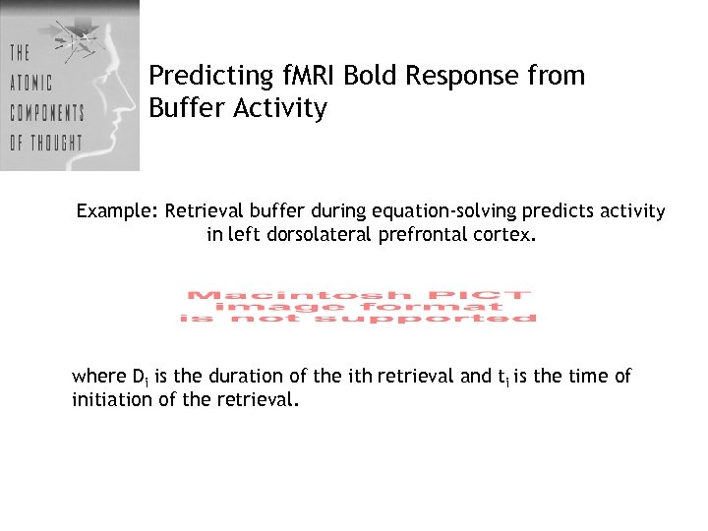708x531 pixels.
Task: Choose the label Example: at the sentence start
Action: (x=117, y=211)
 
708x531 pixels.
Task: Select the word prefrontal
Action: (x=420, y=236)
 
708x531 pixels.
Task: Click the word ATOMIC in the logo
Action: (x=31, y=82)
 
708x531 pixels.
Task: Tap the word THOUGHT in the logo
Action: (x=56, y=143)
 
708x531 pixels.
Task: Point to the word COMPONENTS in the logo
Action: (x=46, y=112)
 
